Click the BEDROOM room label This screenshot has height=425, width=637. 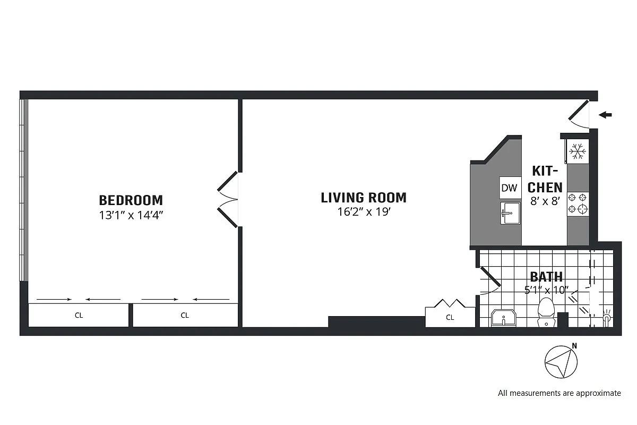click(131, 200)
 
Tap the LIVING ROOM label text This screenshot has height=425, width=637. click(364, 198)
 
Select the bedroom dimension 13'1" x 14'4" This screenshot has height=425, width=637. click(131, 215)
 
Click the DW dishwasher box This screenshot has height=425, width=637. click(509, 188)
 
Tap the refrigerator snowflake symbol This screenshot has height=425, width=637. click(578, 151)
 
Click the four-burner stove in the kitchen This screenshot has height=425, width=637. click(578, 202)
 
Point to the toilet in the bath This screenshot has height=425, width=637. click(546, 312)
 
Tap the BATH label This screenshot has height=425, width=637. click(546, 277)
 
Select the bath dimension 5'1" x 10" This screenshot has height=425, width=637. click(546, 290)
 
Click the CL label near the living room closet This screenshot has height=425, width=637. click(450, 318)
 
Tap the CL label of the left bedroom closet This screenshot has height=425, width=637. click(79, 315)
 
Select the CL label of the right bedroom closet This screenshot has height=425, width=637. click(185, 315)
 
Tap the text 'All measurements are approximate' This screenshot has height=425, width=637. click(559, 394)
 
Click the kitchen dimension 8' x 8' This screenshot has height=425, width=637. click(545, 202)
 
